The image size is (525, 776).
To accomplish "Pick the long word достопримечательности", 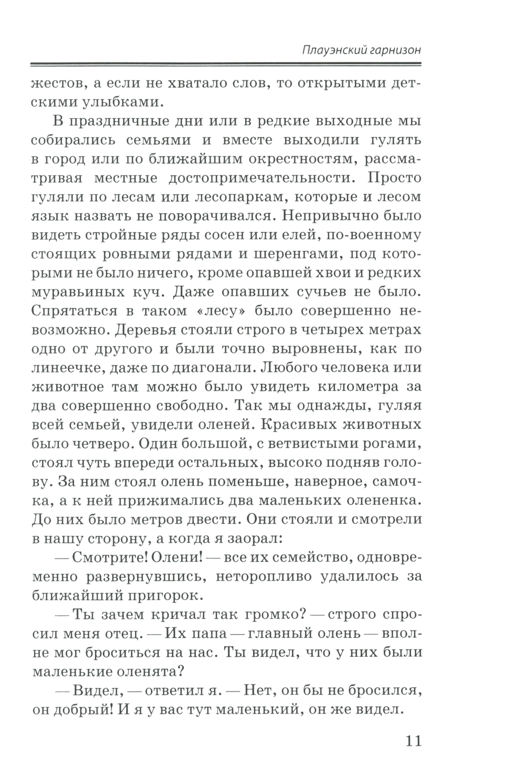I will [257, 178].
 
